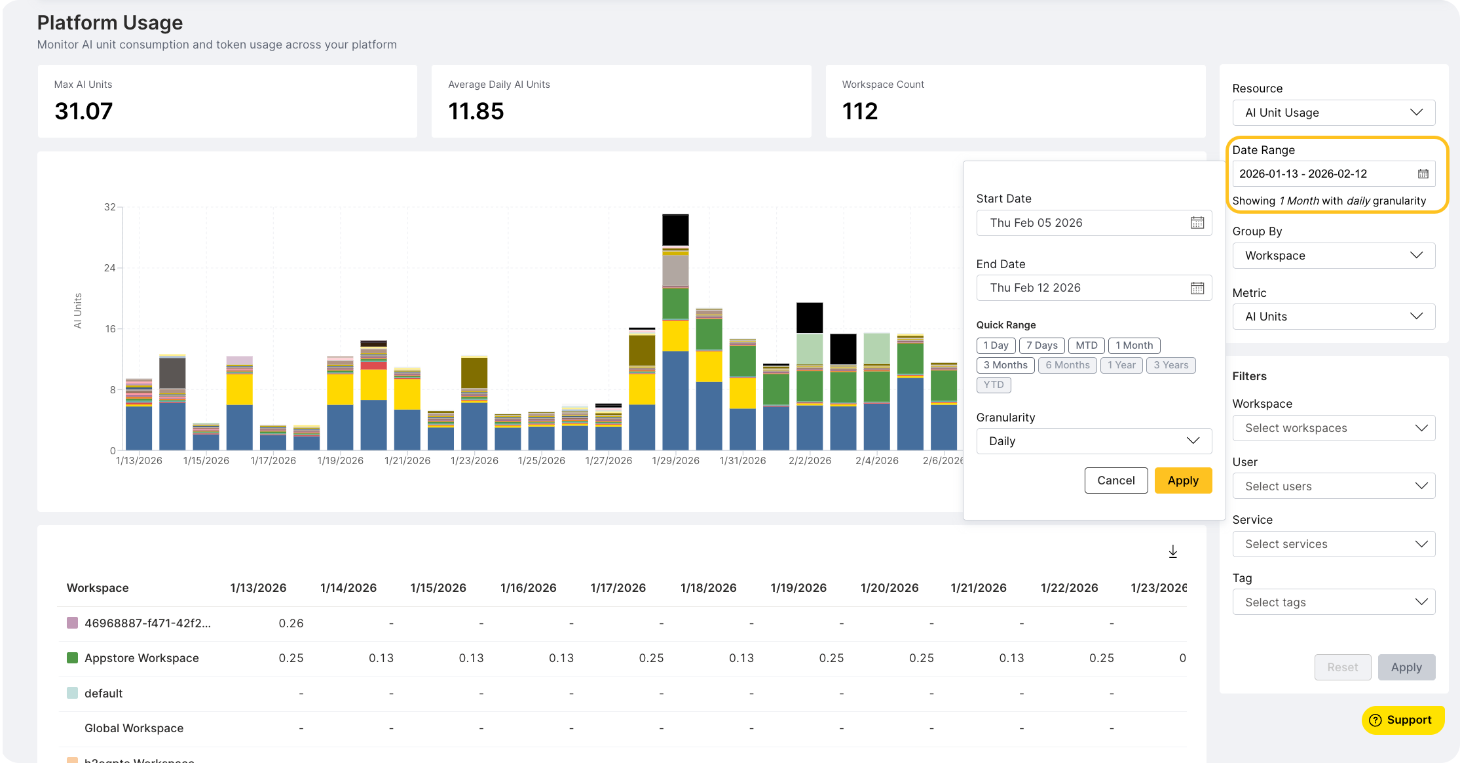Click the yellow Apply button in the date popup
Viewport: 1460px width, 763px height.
coord(1182,480)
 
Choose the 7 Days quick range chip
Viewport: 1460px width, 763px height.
coord(1041,345)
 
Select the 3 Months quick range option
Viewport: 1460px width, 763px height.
coord(1005,365)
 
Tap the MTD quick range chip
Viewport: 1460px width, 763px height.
coord(1086,345)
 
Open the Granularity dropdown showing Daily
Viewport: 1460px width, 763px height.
coord(1093,441)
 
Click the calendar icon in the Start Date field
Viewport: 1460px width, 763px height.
coord(1197,223)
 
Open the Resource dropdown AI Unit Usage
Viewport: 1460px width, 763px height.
coord(1333,113)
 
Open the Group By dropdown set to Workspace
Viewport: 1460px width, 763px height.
coord(1333,256)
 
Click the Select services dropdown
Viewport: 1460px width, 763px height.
coord(1333,544)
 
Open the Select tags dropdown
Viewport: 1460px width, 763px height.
coord(1333,602)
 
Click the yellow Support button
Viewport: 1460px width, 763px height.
coord(1402,720)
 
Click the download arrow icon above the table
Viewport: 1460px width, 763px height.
coord(1172,552)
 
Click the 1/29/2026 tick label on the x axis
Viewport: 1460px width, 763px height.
coord(675,461)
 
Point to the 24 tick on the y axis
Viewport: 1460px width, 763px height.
coord(110,268)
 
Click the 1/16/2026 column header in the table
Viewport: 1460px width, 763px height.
coord(528,588)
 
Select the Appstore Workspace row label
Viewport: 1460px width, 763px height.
coord(141,658)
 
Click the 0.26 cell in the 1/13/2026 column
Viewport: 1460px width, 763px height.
coord(291,623)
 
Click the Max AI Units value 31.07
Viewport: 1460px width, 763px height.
coord(84,111)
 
